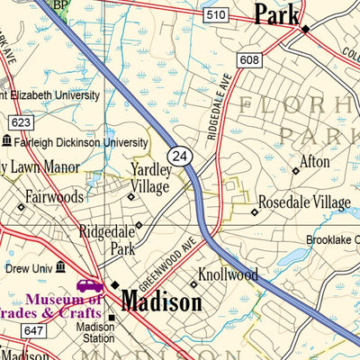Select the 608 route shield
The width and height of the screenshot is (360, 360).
(249, 59)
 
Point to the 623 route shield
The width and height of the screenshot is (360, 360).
(21, 121)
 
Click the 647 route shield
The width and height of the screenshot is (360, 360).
(34, 331)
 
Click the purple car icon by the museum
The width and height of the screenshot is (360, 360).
(88, 286)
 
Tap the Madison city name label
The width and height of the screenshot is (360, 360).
(161, 301)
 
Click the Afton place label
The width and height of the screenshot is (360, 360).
(314, 162)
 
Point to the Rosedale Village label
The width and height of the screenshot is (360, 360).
(303, 203)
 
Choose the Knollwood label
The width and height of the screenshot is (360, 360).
(227, 274)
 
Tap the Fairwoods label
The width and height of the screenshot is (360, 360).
(54, 196)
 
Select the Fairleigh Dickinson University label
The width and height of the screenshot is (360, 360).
(81, 141)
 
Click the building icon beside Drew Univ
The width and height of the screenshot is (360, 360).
(60, 267)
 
